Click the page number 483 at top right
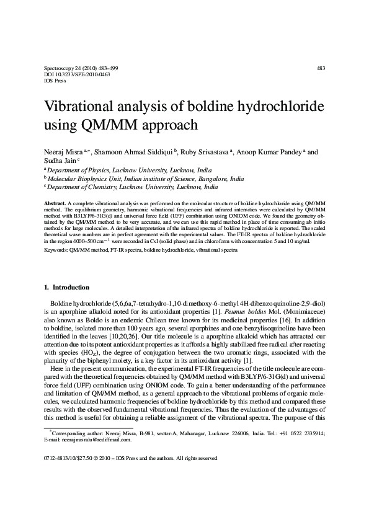pos(320,68)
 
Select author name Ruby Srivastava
pos(203,152)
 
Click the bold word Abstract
pos(54,203)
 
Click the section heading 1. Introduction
pos(67,287)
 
